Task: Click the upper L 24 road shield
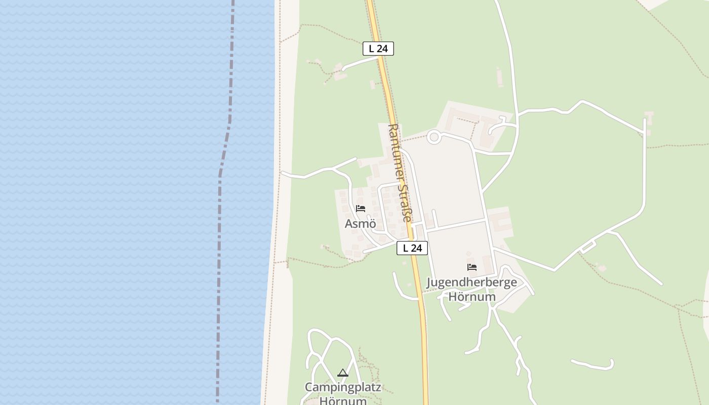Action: [378, 49]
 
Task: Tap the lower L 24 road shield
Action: [412, 248]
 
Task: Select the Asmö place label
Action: [360, 223]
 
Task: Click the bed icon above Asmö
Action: [360, 209]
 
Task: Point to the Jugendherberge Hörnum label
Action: [471, 289]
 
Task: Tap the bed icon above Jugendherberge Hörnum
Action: [472, 267]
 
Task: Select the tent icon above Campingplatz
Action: [343, 373]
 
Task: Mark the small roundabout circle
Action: [434, 137]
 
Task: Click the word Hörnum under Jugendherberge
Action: [471, 297]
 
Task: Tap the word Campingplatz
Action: [343, 388]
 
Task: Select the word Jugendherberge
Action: [471, 282]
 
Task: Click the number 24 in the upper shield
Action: [382, 49]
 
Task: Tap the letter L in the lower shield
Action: [405, 248]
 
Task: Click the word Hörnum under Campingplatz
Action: [343, 401]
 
